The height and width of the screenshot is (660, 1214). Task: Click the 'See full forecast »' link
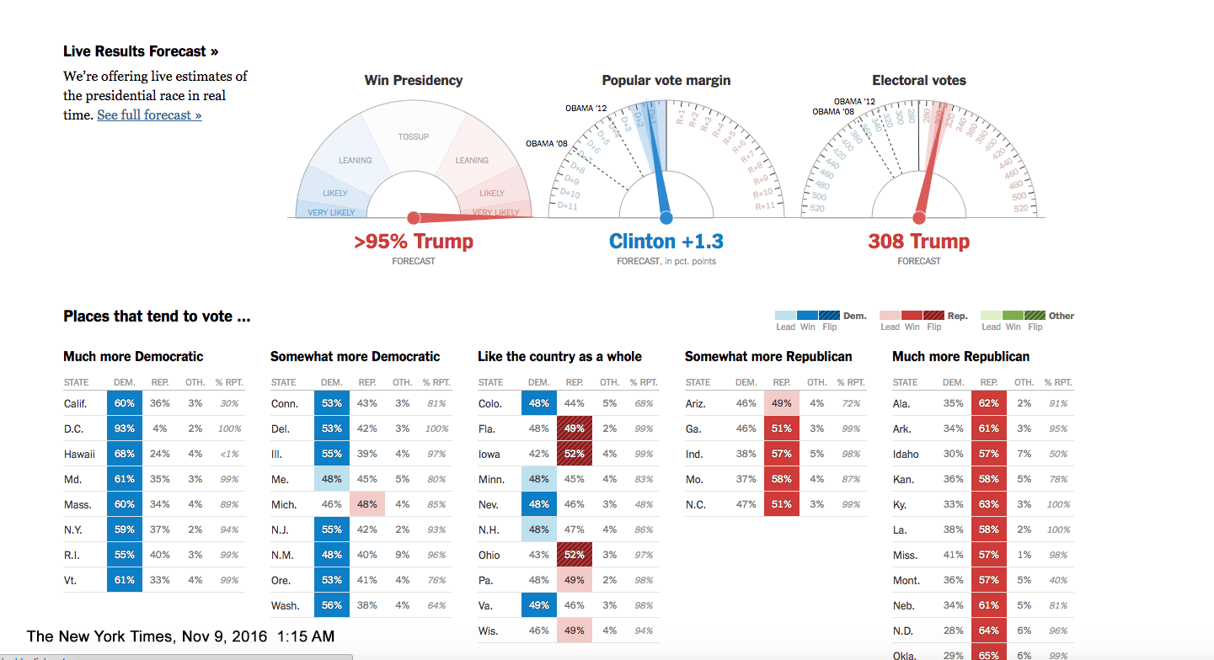(149, 115)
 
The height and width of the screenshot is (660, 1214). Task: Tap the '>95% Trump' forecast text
(414, 242)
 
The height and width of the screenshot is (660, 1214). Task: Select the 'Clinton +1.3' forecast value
(666, 242)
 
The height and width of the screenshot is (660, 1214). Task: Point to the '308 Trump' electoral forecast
(918, 242)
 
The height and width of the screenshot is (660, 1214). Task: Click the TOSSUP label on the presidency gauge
(414, 136)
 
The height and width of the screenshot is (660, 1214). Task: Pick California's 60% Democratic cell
(125, 403)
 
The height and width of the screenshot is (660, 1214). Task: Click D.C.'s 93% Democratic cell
(125, 428)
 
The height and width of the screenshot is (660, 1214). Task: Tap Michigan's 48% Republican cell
(367, 504)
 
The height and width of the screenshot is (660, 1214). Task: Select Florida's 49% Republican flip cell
(575, 428)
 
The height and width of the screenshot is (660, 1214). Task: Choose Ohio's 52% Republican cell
(575, 555)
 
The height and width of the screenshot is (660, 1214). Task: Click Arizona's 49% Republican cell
(782, 403)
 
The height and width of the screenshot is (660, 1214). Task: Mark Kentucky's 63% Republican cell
(989, 504)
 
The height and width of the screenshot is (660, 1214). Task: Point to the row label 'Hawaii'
(79, 454)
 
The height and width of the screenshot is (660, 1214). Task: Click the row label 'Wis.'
(488, 631)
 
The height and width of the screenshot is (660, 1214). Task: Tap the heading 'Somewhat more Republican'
(768, 356)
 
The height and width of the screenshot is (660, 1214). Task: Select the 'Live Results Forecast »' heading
(141, 51)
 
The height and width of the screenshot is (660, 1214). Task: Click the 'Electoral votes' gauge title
(918, 81)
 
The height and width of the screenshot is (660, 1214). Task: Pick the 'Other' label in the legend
(1062, 316)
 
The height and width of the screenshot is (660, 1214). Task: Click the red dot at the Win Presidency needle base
(414, 217)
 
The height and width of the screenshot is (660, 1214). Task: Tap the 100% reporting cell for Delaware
(436, 428)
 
